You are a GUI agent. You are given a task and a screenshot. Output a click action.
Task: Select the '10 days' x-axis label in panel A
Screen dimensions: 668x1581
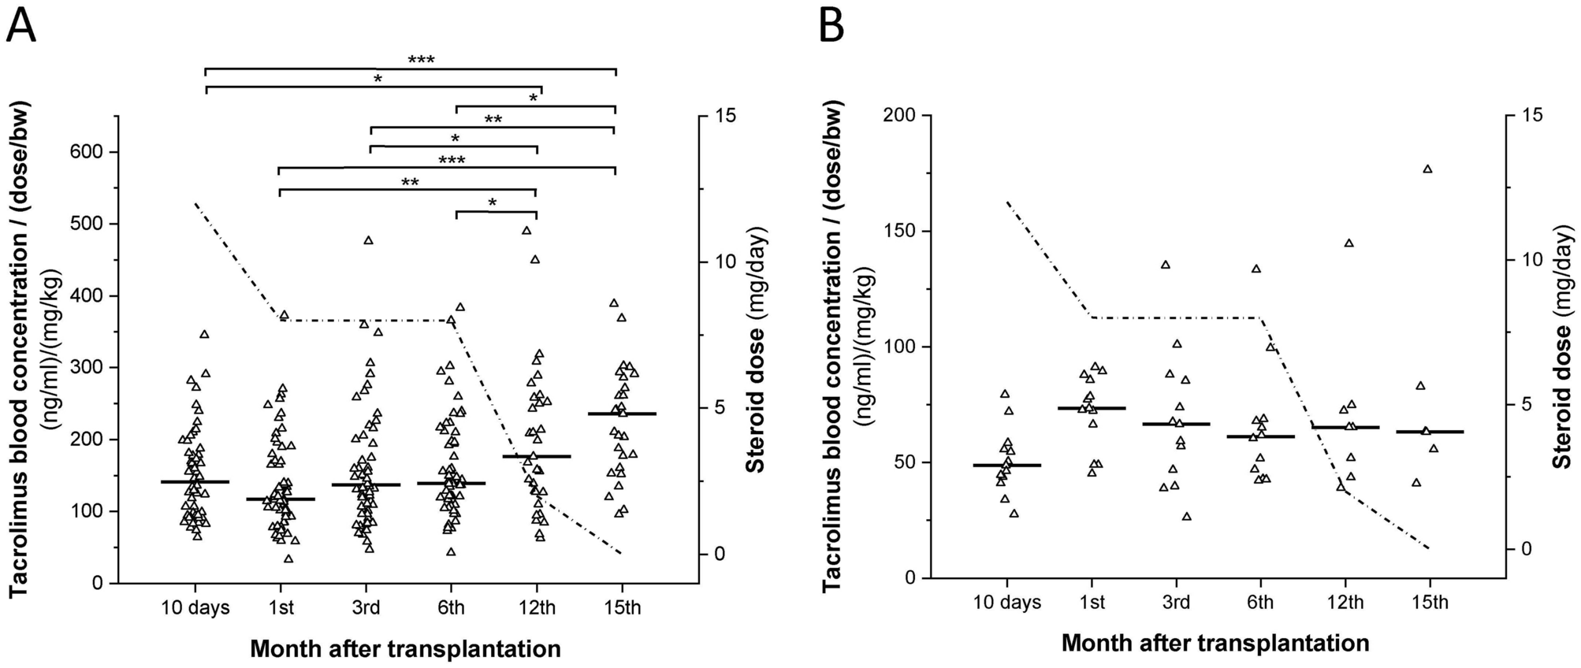(195, 608)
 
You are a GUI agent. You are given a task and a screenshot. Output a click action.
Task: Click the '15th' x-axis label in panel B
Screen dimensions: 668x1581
(1430, 603)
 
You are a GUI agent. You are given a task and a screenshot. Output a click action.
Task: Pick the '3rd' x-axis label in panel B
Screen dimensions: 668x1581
(1176, 603)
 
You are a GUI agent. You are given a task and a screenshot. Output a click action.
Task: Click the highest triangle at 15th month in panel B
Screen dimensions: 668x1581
(1427, 169)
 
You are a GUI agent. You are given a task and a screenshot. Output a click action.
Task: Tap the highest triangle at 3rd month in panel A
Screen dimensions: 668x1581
(368, 240)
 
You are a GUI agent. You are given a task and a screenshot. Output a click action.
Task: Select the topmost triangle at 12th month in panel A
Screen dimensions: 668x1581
(527, 230)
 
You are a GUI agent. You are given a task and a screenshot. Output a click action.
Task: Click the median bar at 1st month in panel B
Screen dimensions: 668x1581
(1092, 408)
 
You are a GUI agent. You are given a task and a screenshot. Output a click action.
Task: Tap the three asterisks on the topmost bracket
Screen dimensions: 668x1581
(421, 60)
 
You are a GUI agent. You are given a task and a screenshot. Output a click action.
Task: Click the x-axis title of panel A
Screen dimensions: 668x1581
(405, 649)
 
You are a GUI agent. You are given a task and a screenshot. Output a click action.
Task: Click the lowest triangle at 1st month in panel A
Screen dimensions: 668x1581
(288, 559)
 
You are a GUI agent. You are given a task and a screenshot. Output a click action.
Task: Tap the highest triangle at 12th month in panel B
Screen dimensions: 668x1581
(1348, 243)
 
